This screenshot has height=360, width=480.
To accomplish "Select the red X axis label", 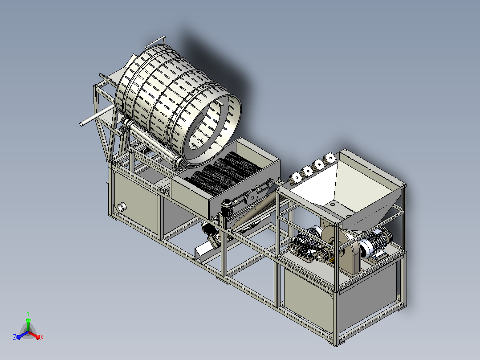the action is [x=42, y=337].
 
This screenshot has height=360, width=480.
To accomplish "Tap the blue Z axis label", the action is [x=15, y=337].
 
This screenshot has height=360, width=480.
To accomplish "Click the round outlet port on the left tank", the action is [x=122, y=207].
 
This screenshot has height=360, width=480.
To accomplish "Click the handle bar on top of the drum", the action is [x=155, y=41].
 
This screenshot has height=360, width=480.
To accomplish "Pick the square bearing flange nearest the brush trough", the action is [x=296, y=177].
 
